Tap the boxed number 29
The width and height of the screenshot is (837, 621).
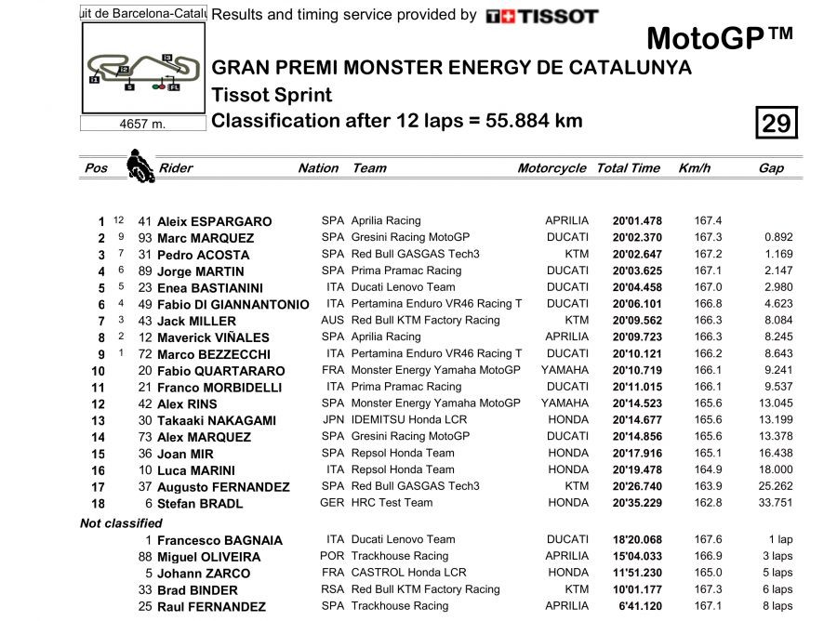click(x=776, y=123)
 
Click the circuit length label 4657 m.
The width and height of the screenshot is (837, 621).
click(x=142, y=125)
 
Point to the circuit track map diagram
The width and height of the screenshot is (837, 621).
click(x=142, y=71)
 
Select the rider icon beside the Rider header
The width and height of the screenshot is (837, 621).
click(x=140, y=165)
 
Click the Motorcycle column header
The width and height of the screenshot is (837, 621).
click(x=551, y=168)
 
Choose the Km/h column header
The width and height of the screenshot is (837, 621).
click(x=695, y=168)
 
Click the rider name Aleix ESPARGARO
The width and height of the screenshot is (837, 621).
click(x=214, y=221)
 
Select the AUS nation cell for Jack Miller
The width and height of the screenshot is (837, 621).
click(x=332, y=321)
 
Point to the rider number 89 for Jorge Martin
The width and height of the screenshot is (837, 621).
click(x=144, y=271)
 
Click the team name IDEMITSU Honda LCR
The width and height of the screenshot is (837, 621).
click(x=409, y=420)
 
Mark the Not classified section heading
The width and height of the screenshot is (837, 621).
click(x=121, y=523)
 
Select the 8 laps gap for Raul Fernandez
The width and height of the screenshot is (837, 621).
click(x=776, y=606)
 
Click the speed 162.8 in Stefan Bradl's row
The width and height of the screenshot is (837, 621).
click(x=708, y=503)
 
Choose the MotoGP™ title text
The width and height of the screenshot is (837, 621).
click(x=720, y=39)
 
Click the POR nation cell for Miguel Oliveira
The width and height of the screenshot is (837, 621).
click(x=332, y=557)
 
